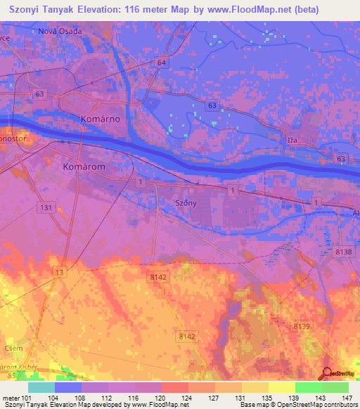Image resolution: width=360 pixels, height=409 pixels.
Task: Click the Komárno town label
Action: (x=101, y=119)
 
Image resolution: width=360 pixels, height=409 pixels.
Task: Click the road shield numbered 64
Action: (x=162, y=63)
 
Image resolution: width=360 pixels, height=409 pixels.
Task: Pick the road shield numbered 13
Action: (x=60, y=273)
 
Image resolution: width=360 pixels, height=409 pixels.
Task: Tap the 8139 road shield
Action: (x=301, y=326)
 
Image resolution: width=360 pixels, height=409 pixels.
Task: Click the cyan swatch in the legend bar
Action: (x=41, y=387)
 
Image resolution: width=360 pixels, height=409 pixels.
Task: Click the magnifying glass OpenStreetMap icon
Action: (x=328, y=373)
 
